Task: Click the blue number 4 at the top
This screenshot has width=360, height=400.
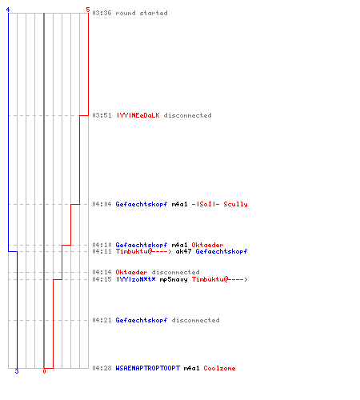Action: click(8, 10)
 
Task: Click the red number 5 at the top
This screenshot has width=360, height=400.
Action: click(88, 10)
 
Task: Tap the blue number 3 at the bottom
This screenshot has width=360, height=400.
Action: click(17, 371)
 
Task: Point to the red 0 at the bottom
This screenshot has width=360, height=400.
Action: click(44, 371)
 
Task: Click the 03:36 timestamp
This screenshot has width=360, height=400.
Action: click(102, 13)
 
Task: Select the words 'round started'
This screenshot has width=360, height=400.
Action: click(142, 13)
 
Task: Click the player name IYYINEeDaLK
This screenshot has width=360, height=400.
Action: click(138, 115)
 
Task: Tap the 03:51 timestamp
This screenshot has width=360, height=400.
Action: click(102, 115)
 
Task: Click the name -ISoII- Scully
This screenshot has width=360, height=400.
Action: click(219, 204)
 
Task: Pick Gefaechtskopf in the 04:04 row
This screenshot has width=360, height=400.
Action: click(142, 204)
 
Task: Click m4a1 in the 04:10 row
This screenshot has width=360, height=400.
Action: click(179, 245)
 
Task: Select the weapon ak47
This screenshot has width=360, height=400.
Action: click(183, 251)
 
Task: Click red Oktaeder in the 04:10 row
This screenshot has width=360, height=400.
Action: click(207, 245)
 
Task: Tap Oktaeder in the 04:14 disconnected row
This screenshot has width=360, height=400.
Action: click(131, 272)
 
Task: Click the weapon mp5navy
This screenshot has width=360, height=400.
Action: click(174, 279)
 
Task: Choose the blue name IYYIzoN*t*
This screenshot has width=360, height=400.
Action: click(136, 279)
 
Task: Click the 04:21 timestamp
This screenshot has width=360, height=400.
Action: click(102, 320)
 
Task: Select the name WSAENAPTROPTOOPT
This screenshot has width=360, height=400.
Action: click(148, 368)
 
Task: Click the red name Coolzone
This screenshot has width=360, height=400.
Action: click(219, 368)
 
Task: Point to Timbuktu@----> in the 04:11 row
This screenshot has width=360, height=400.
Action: click(143, 251)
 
